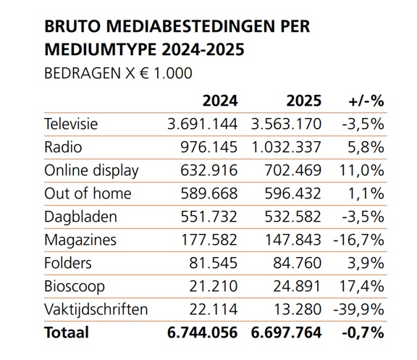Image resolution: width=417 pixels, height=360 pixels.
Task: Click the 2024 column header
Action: click(220, 101)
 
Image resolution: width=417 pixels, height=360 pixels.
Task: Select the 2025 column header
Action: click(304, 101)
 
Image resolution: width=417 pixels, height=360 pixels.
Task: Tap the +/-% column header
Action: click(366, 101)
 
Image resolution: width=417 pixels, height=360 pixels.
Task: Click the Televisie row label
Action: click(71, 124)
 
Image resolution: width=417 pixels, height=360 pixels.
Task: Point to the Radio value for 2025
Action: click(286, 147)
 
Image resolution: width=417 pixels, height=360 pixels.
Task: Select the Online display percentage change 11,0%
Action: click(362, 170)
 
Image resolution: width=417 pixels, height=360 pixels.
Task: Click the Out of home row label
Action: click(88, 193)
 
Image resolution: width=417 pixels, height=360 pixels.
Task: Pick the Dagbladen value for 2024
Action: click(209, 217)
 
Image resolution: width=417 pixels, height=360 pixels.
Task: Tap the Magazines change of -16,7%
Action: click(358, 240)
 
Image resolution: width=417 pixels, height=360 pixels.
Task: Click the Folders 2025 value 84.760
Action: click(297, 263)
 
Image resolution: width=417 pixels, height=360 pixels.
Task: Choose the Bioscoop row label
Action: click(75, 287)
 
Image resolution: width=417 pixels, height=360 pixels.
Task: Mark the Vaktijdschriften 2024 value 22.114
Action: click(214, 309)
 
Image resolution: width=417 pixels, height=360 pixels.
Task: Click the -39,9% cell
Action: click(358, 309)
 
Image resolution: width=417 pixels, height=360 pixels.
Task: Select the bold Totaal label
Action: click(67, 332)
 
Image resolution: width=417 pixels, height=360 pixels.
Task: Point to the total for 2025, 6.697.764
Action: click(286, 332)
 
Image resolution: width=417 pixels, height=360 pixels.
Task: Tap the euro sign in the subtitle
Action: click(144, 73)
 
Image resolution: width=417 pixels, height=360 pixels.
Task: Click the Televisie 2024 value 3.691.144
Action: click(203, 124)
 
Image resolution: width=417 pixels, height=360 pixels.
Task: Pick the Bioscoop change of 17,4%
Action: click(362, 286)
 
